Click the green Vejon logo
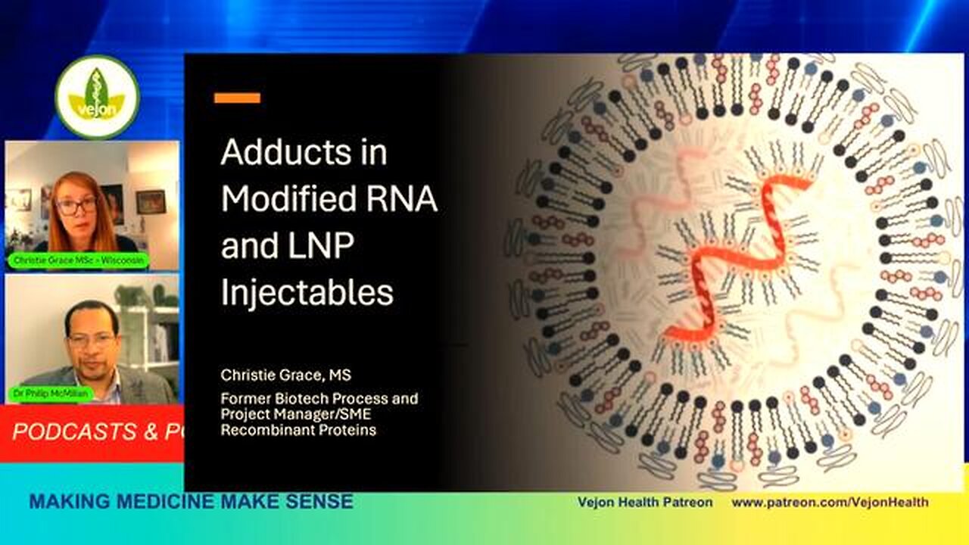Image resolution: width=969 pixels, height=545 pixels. point(97,97)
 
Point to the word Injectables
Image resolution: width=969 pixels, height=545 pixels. point(307,293)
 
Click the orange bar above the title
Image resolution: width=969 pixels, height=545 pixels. point(237,98)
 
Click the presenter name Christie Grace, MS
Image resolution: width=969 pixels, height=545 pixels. point(285,375)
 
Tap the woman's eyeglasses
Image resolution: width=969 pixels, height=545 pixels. point(77,206)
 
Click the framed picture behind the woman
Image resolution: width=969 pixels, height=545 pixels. point(151,201)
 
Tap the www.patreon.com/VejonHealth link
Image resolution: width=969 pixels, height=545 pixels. point(830,503)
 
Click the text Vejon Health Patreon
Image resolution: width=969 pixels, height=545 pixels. point(645,503)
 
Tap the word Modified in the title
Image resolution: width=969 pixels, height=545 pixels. point(288,200)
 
